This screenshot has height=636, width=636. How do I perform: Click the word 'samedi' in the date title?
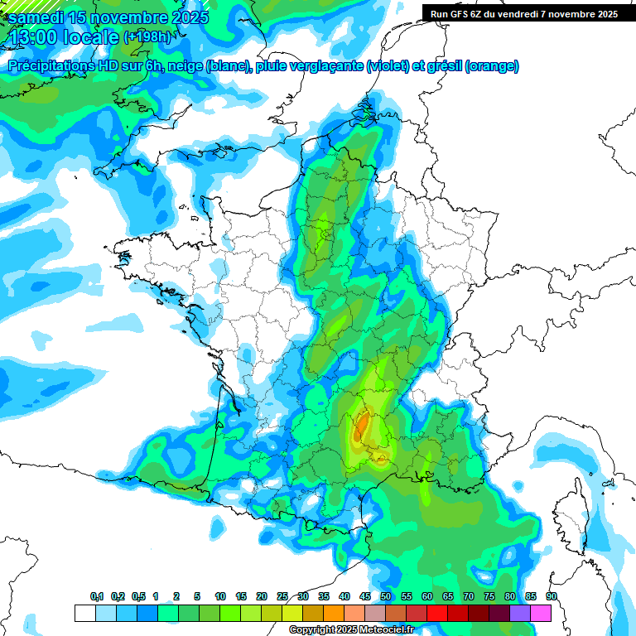click(x=36, y=17)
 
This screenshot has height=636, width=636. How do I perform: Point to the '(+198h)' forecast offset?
click(x=147, y=37)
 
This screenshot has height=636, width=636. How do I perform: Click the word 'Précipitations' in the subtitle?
click(x=50, y=66)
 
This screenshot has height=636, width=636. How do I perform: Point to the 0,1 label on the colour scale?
click(x=97, y=597)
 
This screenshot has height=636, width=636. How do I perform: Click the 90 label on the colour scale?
click(x=552, y=597)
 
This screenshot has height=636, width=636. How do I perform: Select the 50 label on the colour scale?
click(x=386, y=597)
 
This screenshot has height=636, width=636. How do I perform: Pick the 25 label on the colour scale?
click(x=282, y=597)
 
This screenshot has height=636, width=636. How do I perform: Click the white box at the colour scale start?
click(x=84, y=613)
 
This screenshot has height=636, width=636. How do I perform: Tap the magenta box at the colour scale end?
click(x=541, y=613)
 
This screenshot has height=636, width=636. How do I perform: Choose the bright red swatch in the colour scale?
click(x=437, y=613)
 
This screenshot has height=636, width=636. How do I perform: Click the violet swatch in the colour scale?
click(x=520, y=613)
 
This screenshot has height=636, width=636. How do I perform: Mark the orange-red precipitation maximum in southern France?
click(x=362, y=426)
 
